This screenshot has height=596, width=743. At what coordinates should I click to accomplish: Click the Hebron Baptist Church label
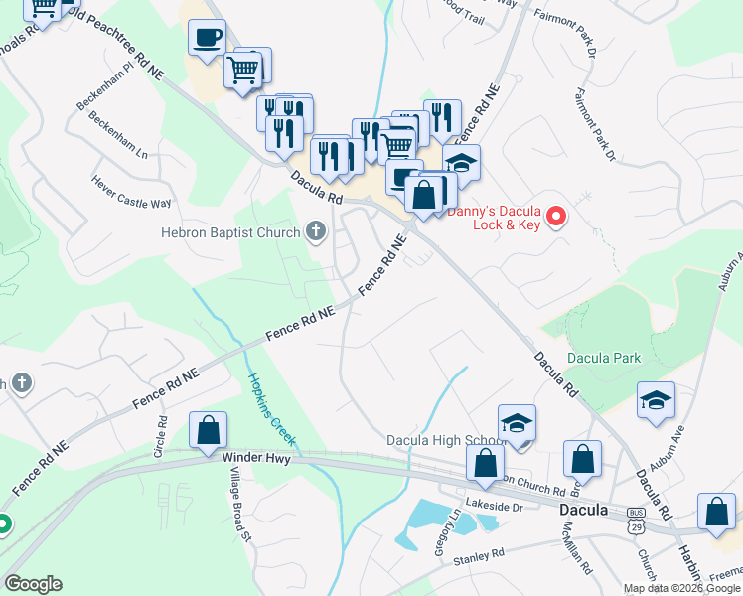(230, 233)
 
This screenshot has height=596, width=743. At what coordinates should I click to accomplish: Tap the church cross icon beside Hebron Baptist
(316, 232)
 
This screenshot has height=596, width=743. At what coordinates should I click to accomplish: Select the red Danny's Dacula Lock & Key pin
(557, 215)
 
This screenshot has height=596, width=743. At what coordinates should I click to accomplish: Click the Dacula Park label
(604, 358)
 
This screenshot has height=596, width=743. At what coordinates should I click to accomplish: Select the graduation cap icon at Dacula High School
(517, 423)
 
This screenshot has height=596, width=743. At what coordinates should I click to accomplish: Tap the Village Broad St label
(247, 514)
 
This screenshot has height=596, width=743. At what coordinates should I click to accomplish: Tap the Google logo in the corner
(33, 584)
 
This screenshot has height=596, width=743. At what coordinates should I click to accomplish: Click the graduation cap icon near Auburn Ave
(656, 400)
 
